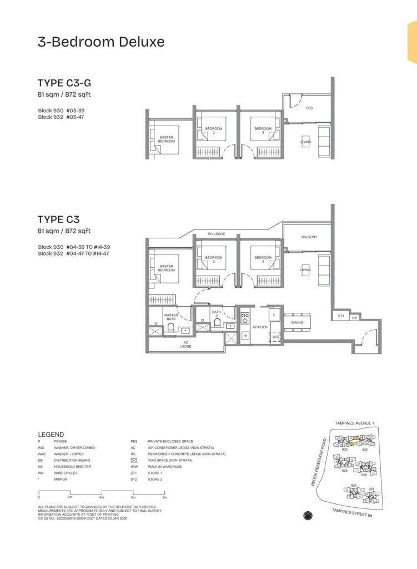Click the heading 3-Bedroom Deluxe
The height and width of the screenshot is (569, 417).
click(x=101, y=42)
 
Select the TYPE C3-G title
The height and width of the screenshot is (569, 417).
click(x=64, y=83)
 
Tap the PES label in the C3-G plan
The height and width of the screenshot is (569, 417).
click(x=309, y=108)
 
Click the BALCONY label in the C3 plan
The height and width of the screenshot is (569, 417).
click(x=309, y=237)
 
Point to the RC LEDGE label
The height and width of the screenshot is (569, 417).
click(x=216, y=234)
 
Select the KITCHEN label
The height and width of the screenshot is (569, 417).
click(x=260, y=327)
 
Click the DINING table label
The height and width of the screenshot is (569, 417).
click(x=297, y=322)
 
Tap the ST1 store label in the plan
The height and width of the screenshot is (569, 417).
click(x=341, y=316)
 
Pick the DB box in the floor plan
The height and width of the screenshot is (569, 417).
click(x=354, y=317)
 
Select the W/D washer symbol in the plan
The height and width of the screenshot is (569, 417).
click(x=275, y=337)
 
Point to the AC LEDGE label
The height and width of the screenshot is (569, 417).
click(x=185, y=345)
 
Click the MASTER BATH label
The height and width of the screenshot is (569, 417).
click(x=170, y=317)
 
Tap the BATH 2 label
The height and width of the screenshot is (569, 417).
click(x=217, y=313)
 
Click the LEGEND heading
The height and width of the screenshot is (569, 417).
click(x=51, y=435)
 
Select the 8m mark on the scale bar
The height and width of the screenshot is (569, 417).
click(x=165, y=497)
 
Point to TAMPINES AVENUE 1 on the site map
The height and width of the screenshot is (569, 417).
click(x=354, y=423)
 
